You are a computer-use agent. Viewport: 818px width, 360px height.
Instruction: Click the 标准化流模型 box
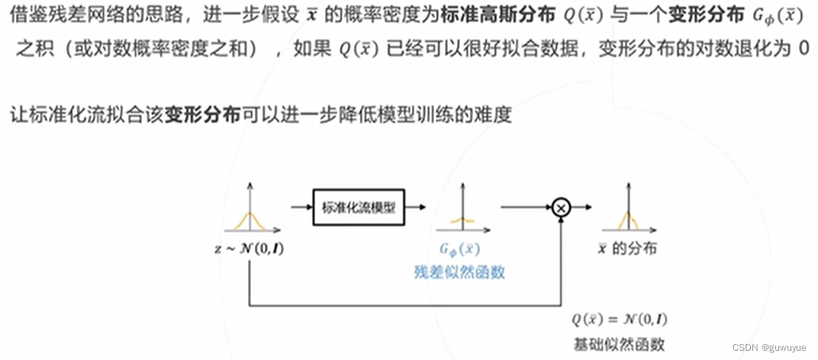tap(359, 207)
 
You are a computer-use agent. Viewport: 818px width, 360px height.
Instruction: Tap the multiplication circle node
tap(562, 207)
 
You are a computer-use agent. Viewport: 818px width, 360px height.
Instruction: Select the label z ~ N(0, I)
tap(249, 249)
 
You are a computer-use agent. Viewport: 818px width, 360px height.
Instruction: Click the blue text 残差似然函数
tap(459, 272)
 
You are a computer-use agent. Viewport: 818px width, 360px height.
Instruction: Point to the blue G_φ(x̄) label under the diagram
tap(459, 249)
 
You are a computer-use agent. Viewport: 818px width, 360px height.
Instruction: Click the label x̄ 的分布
tap(627, 249)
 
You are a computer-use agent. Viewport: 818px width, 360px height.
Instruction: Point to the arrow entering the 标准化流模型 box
tap(301, 206)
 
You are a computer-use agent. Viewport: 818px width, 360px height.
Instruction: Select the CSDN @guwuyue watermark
tap(771, 347)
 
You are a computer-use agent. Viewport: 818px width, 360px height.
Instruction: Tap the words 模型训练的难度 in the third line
tap(465, 116)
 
